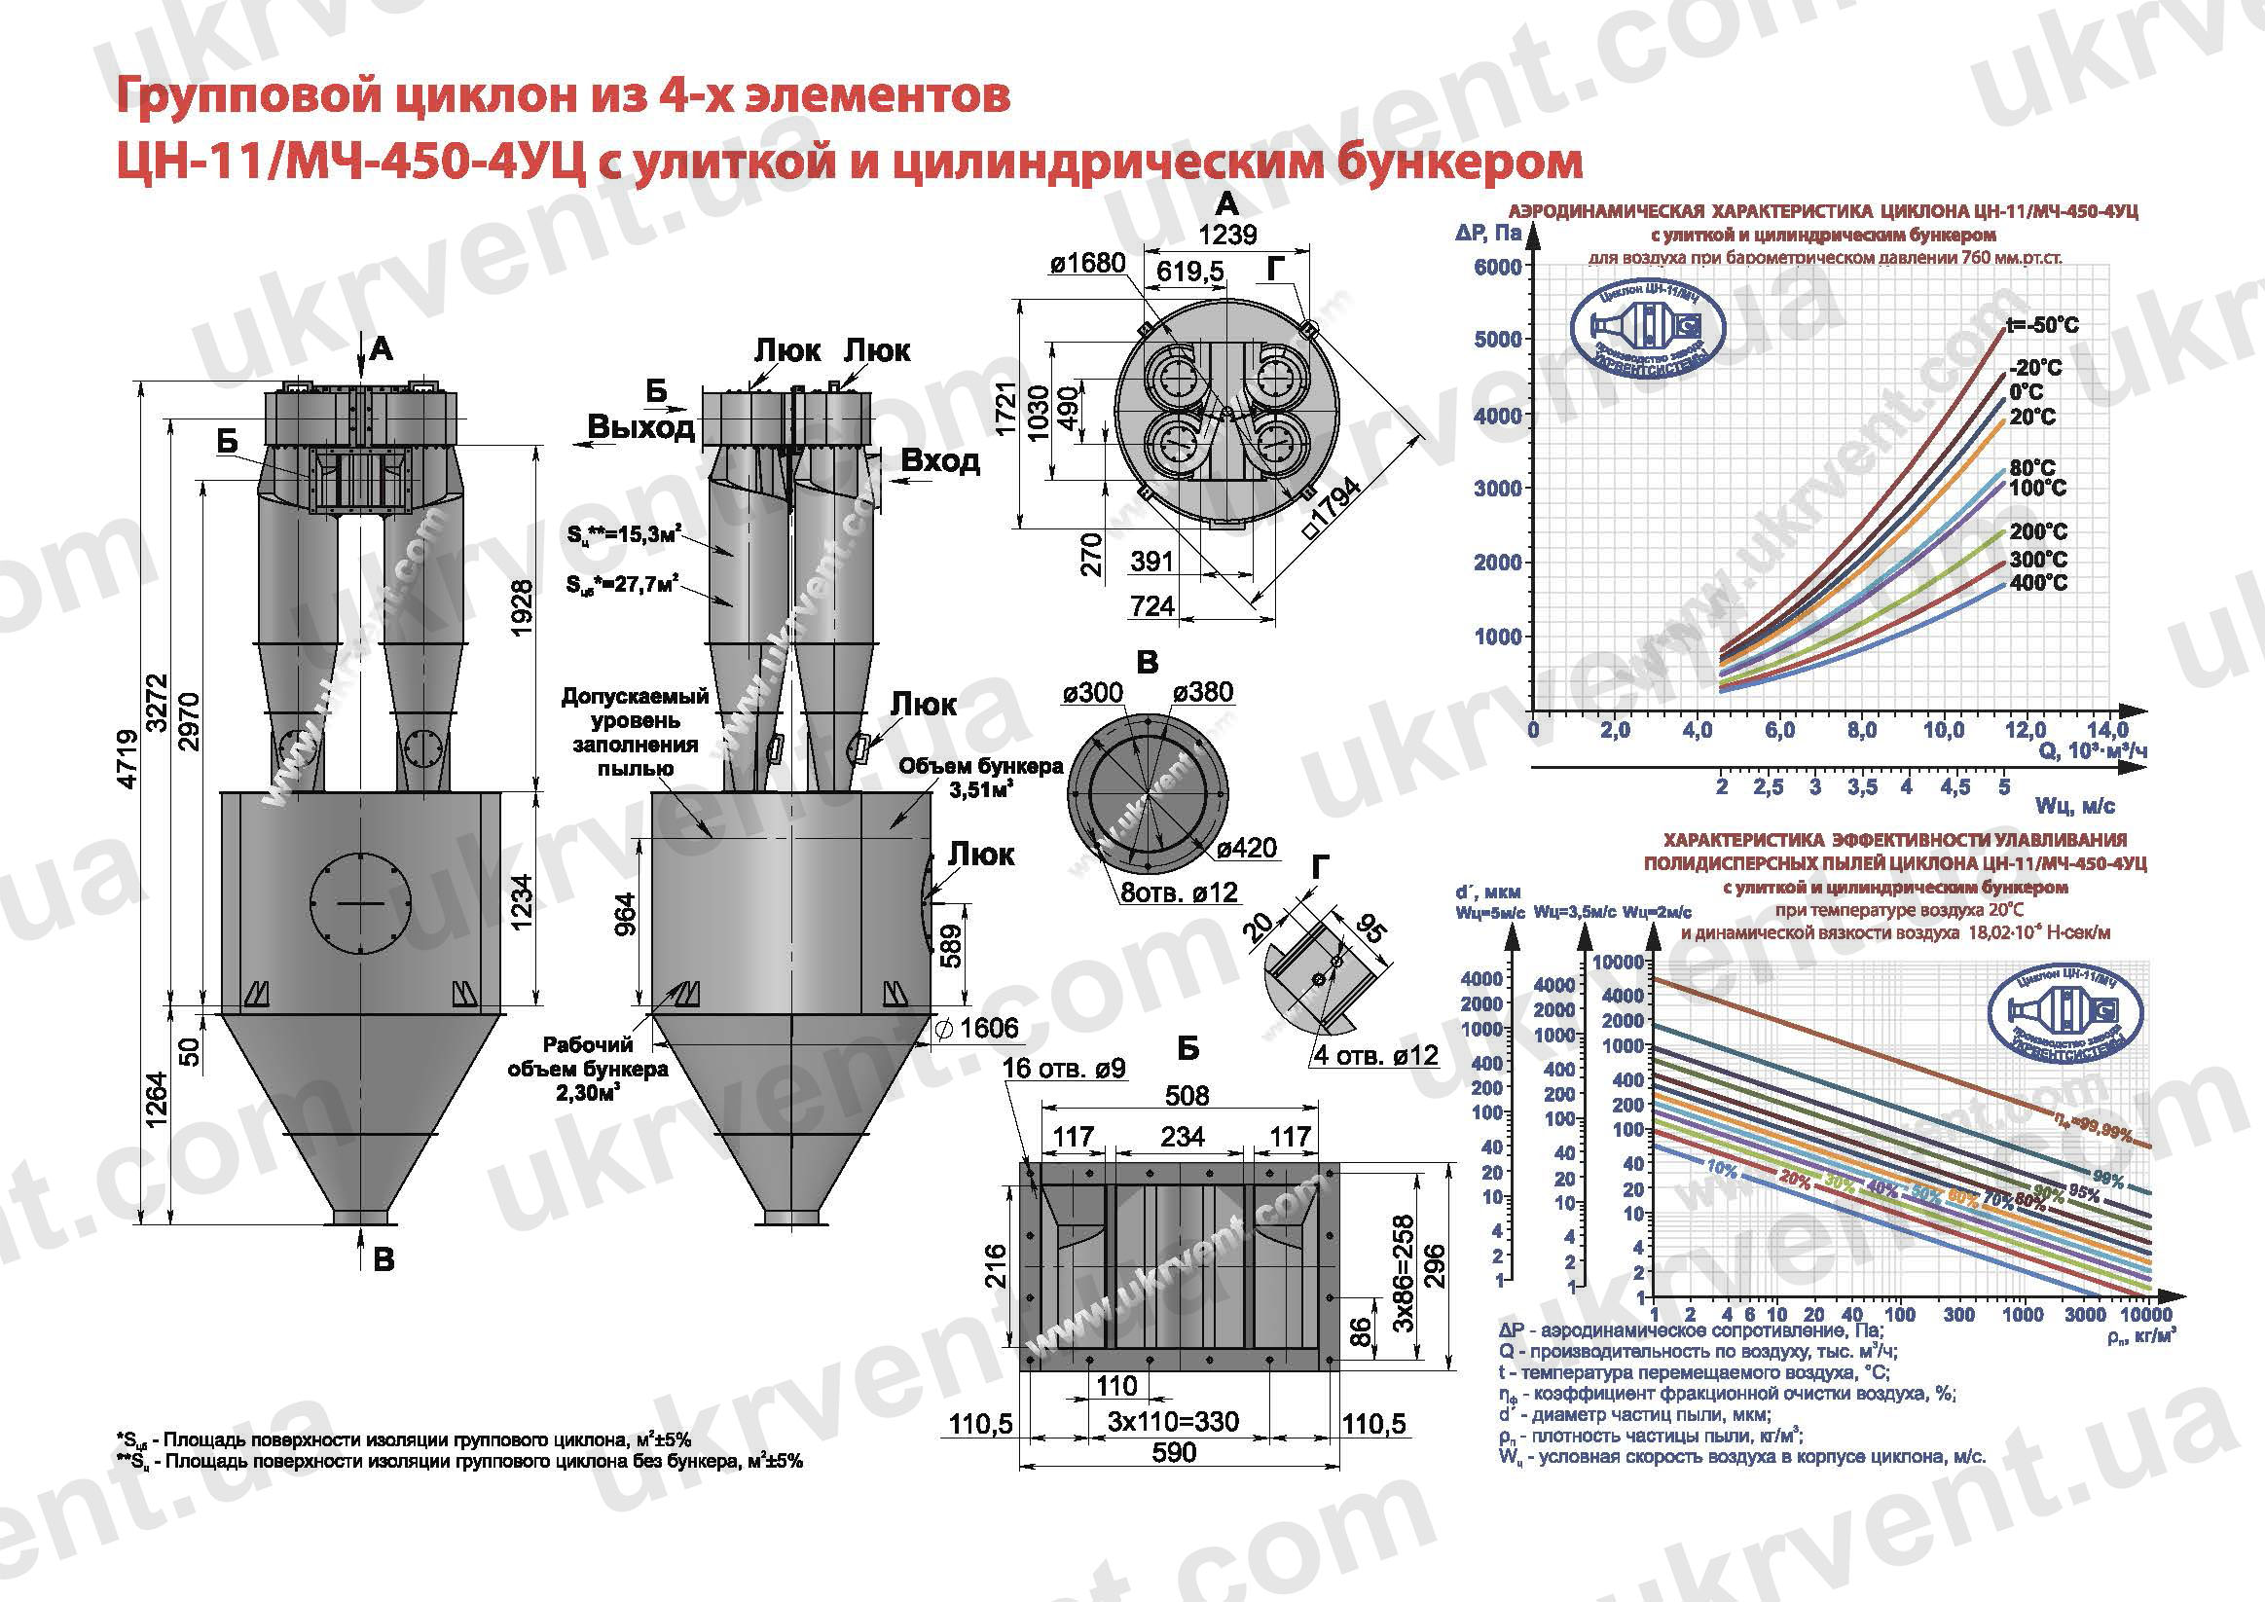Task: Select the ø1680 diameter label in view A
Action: [x=1087, y=264]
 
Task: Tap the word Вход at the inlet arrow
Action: [x=940, y=460]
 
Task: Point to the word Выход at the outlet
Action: [x=641, y=427]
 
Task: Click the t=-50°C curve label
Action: [x=2042, y=325]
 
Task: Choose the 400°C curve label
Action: [x=2038, y=583]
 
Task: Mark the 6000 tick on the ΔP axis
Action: [x=1497, y=268]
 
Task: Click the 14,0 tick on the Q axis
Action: [x=2107, y=731]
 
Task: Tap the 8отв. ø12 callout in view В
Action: [x=1179, y=892]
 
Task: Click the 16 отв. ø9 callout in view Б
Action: [x=1064, y=1070]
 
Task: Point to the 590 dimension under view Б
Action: [x=1173, y=1452]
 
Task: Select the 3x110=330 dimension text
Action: [x=1173, y=1422]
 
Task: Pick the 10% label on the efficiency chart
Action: [x=1722, y=1168]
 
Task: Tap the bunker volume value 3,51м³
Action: [x=980, y=789]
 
